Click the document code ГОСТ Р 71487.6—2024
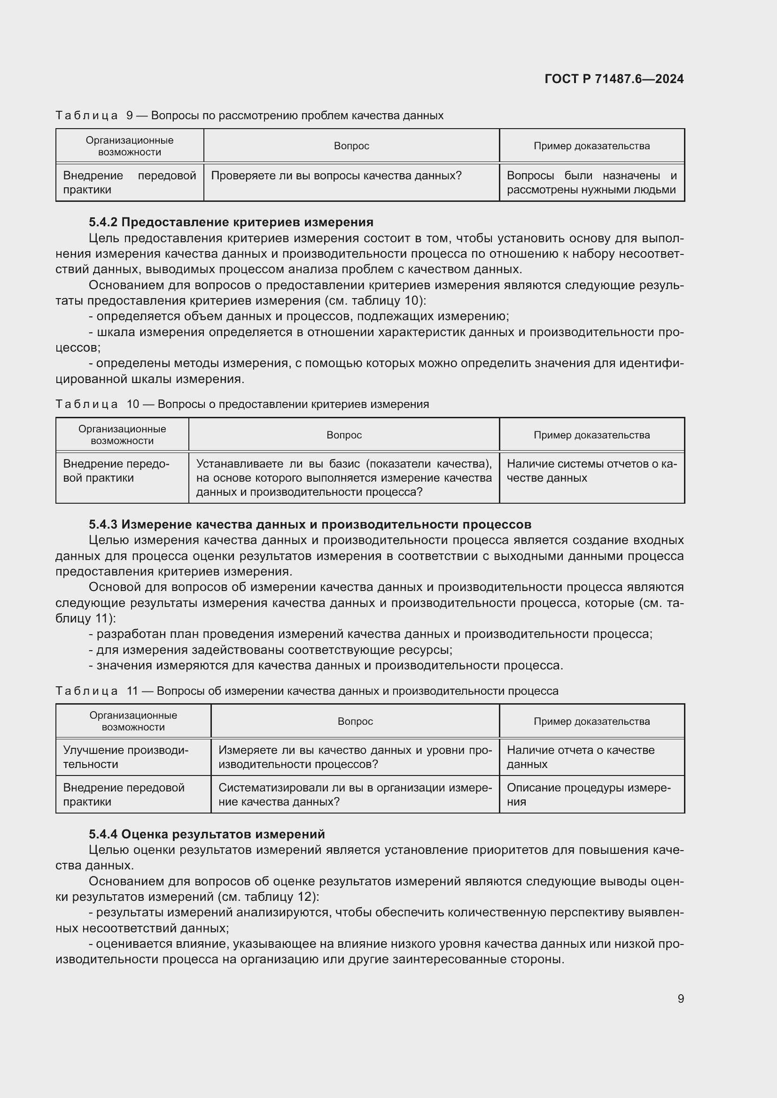click(614, 79)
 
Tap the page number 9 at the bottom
click(680, 998)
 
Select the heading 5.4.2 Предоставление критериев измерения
click(231, 222)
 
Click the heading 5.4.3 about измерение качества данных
click(310, 524)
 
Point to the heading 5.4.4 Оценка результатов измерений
click(207, 834)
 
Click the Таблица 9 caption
click(249, 115)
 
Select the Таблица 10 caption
click(242, 404)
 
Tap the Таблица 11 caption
click(307, 691)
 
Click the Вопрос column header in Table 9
click(351, 146)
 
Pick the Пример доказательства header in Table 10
click(591, 435)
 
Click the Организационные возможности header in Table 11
click(133, 721)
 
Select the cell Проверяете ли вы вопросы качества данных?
click(336, 176)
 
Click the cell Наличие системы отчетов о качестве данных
click(591, 470)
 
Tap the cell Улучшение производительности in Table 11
click(126, 757)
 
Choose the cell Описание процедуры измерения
click(589, 794)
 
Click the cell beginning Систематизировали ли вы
click(355, 794)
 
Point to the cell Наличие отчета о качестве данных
click(580, 757)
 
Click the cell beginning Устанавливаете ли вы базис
click(343, 477)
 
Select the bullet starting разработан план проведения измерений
click(371, 634)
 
